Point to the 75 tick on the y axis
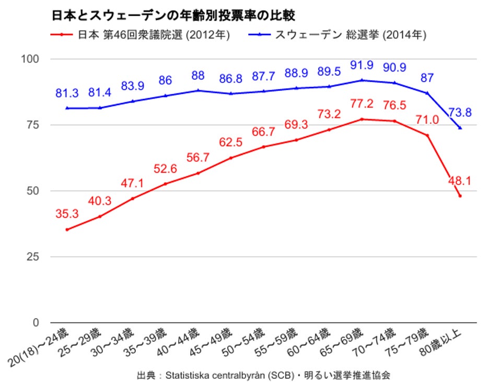32,125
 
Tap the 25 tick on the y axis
32,257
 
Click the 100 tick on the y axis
29,59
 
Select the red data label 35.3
67,213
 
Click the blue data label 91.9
361,65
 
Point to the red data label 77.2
361,104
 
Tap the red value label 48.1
460,181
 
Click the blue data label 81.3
67,93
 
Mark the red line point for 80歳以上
460,196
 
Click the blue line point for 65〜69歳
362,80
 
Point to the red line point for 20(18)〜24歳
67,230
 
